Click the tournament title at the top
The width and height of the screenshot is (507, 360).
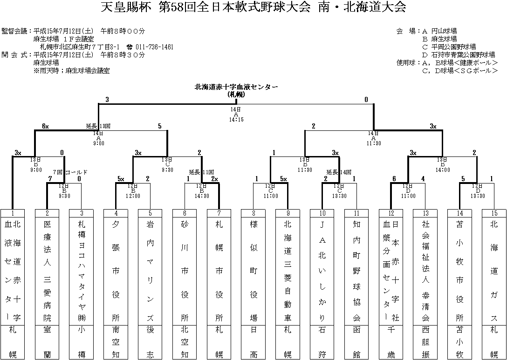[x=253, y=7]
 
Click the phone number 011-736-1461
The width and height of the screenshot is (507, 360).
[x=154, y=47]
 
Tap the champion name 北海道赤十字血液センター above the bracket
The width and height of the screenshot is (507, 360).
[x=236, y=87]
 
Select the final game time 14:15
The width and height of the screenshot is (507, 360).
[x=236, y=120]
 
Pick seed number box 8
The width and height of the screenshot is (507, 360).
[x=253, y=213]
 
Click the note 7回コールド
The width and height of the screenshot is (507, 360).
[x=70, y=172]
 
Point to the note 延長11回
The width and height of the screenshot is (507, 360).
[x=202, y=172]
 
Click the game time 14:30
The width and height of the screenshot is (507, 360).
[x=202, y=196]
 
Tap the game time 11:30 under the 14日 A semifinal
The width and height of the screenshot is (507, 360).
[x=374, y=143]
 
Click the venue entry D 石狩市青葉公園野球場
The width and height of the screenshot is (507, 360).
[x=459, y=55]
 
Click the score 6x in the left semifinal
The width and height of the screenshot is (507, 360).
[x=45, y=126]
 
